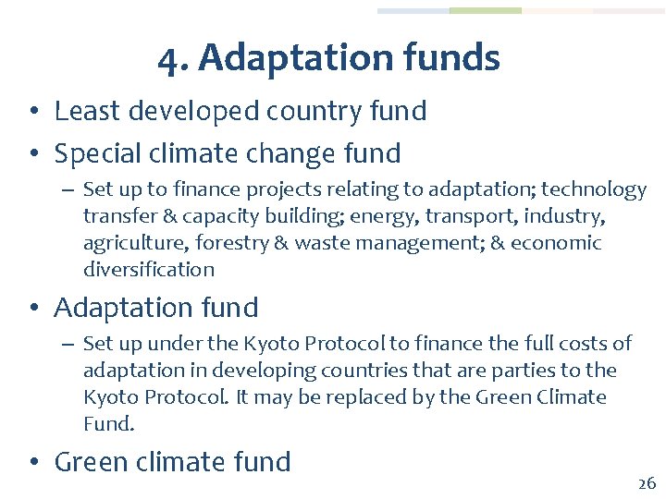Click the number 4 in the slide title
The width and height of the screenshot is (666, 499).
166,59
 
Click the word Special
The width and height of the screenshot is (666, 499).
98,153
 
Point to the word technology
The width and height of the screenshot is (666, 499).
594,190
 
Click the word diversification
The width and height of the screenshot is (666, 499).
149,271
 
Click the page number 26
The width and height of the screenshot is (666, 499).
646,483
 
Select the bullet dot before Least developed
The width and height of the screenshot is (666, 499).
32,113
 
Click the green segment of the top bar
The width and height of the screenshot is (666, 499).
486,11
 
